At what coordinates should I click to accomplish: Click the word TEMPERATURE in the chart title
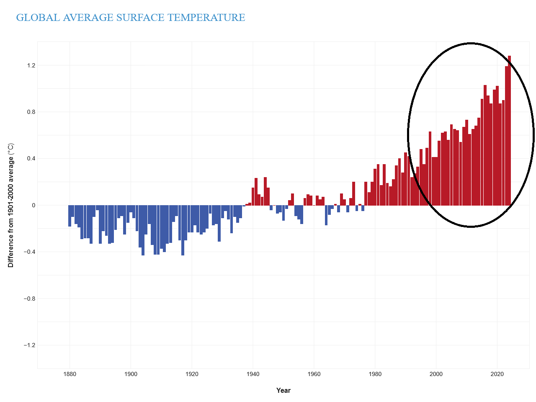pyautogui.click(x=206, y=18)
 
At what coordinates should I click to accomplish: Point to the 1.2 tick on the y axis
pyautogui.click(x=31, y=65)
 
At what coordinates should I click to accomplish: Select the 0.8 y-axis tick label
pyautogui.click(x=31, y=112)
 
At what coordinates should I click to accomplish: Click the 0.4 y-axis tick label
pyautogui.click(x=31, y=158)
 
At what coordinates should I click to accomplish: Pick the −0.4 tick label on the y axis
pyautogui.click(x=29, y=252)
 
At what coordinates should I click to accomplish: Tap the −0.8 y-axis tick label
pyautogui.click(x=29, y=299)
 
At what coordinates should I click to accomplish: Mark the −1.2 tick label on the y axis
pyautogui.click(x=29, y=345)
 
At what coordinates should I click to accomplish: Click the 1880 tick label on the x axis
pyautogui.click(x=70, y=374)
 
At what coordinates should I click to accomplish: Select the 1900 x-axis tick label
pyautogui.click(x=131, y=374)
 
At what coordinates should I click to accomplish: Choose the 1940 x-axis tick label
pyautogui.click(x=253, y=374)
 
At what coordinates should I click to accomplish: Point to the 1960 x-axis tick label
pyautogui.click(x=314, y=374)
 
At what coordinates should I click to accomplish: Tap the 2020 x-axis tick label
pyautogui.click(x=497, y=374)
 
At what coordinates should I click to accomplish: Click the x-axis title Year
pyautogui.click(x=283, y=390)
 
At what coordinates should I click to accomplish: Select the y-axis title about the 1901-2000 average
pyautogui.click(x=11, y=205)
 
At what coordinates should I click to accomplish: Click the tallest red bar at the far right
pyautogui.click(x=510, y=130)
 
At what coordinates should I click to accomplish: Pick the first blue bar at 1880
pyautogui.click(x=70, y=216)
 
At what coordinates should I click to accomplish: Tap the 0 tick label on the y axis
pyautogui.click(x=34, y=205)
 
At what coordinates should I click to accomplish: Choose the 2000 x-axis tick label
pyautogui.click(x=436, y=374)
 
